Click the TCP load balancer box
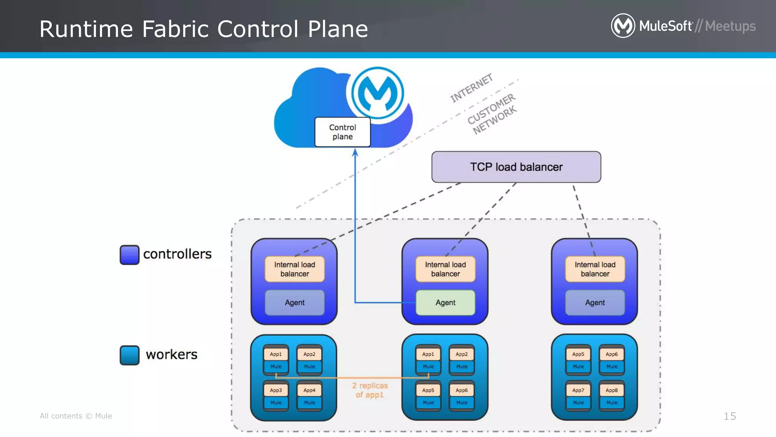(516, 167)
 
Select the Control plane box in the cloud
(343, 132)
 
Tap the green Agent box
(445, 303)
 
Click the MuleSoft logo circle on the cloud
(377, 93)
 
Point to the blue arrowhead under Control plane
(355, 152)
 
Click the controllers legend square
(130, 255)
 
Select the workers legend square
(130, 355)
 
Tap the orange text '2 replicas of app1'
(370, 390)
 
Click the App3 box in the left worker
(276, 390)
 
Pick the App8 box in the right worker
(612, 390)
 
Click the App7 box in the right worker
(578, 390)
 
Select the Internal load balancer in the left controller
(294, 269)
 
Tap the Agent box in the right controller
(595, 303)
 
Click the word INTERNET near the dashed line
(471, 88)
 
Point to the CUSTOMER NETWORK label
(492, 114)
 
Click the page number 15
(729, 416)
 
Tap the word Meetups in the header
(730, 26)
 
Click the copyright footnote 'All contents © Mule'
(76, 416)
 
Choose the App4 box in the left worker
(309, 390)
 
